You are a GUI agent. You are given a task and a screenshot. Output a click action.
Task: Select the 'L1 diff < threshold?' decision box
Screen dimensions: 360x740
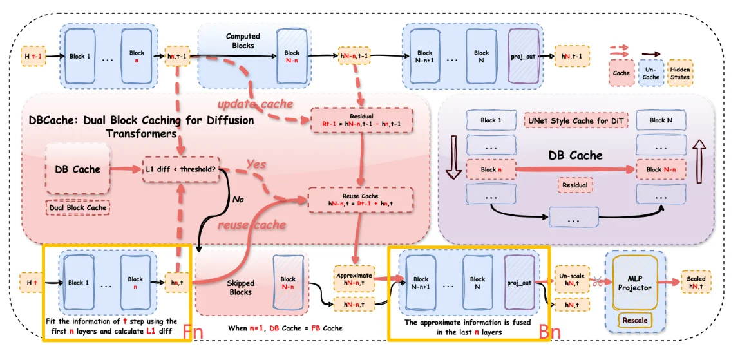(x=181, y=169)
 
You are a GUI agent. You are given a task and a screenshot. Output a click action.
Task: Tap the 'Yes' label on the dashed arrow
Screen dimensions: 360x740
(x=256, y=165)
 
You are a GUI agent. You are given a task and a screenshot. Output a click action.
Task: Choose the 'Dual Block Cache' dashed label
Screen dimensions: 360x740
(x=77, y=208)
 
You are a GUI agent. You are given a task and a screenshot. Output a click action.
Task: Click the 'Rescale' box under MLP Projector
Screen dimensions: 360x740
(x=634, y=320)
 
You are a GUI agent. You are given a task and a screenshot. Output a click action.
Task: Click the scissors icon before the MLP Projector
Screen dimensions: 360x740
(x=597, y=281)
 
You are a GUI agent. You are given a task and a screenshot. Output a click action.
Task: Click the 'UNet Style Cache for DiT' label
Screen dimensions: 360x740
(x=572, y=120)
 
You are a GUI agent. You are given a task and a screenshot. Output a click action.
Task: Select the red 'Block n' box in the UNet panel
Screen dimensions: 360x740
(x=488, y=169)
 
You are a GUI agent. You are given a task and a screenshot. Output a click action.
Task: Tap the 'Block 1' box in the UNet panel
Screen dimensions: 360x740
(x=488, y=120)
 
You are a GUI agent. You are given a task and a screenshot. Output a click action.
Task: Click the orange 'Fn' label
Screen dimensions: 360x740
(x=193, y=332)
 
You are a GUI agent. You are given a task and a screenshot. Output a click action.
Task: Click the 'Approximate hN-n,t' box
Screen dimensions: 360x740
(x=353, y=278)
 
